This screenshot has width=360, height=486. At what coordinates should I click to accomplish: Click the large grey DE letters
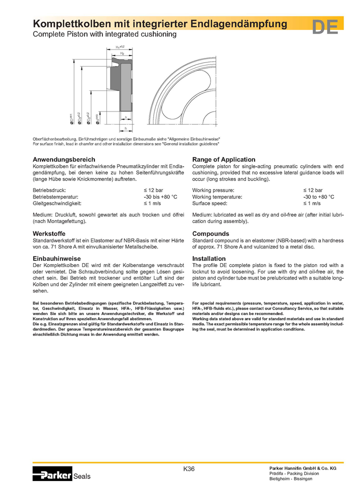pos(325,27)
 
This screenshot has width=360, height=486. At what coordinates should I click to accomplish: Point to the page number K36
pos(189,468)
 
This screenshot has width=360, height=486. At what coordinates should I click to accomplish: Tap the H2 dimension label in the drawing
pos(122,53)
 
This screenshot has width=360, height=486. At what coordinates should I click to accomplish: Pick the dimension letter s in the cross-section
pos(126,118)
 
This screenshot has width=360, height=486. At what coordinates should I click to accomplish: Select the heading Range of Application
pos(223,159)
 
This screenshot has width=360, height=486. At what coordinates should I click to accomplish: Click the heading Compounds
pos(210,233)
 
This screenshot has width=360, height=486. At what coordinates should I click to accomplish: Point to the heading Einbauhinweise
pos(57,258)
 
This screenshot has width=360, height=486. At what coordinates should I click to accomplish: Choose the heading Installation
pos(209,258)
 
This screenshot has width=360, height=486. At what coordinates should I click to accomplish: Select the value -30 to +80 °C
pos(318,197)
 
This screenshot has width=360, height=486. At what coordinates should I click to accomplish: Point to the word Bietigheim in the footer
pos(280,479)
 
